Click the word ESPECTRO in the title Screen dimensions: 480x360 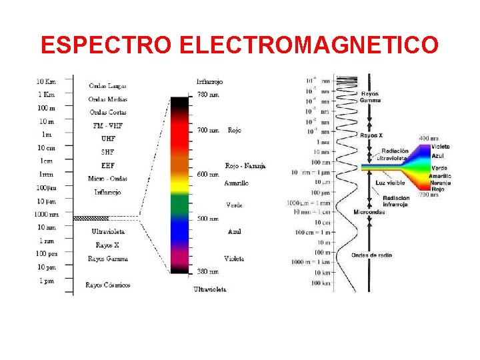pyautogui.click(x=107, y=45)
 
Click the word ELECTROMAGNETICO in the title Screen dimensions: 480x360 pyautogui.click(x=309, y=45)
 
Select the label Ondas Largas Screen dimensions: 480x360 pyautogui.click(x=107, y=85)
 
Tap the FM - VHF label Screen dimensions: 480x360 pyautogui.click(x=107, y=125)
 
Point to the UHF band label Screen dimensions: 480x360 pyautogui.click(x=107, y=139)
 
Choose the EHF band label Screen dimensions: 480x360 pyautogui.click(x=107, y=165)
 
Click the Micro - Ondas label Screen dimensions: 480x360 pyautogui.click(x=107, y=178)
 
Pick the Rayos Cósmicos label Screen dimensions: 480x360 pyautogui.click(x=107, y=285)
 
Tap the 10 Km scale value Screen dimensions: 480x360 pyautogui.click(x=46, y=81)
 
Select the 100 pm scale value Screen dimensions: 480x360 pyautogui.click(x=46, y=254)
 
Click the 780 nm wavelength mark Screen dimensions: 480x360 pyautogui.click(x=208, y=95)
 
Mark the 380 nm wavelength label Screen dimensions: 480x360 pyautogui.click(x=208, y=271)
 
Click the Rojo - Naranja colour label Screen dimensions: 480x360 pyautogui.click(x=245, y=165)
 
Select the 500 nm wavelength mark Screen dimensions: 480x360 pyautogui.click(x=208, y=218)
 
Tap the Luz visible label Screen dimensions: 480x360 pyautogui.click(x=390, y=182)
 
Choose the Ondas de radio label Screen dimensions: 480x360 pyautogui.click(x=372, y=255)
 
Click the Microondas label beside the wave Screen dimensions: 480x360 pyautogui.click(x=369, y=212)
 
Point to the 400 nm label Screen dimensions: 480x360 pyautogui.click(x=429, y=138)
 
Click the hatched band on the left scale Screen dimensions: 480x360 pyautogui.click(x=91, y=218)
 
